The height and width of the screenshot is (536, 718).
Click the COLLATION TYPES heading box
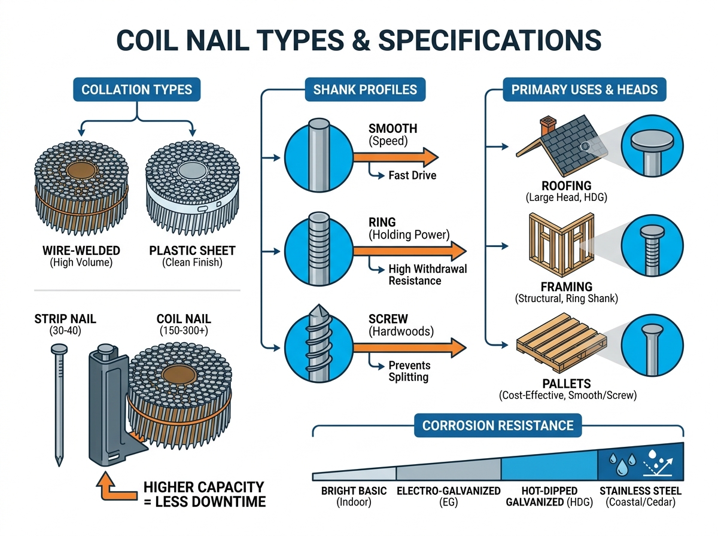[136, 89]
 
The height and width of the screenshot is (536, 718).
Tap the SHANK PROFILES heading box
[365, 89]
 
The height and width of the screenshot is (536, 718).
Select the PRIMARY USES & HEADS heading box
[584, 89]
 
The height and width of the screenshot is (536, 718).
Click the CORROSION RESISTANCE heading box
[498, 425]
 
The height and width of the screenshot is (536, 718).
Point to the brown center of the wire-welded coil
[82, 170]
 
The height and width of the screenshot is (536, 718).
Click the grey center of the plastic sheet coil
[193, 170]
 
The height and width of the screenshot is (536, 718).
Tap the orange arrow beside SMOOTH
[395, 157]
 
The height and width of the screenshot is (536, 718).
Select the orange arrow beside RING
[409, 251]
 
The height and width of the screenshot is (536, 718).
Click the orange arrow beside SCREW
[409, 348]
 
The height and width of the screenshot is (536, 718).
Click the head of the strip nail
[59, 349]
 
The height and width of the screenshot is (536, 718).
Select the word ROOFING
[566, 186]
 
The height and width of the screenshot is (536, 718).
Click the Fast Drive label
[412, 175]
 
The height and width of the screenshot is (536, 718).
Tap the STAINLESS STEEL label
[640, 491]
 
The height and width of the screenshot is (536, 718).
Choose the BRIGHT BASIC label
[354, 491]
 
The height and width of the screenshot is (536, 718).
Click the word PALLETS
[567, 383]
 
